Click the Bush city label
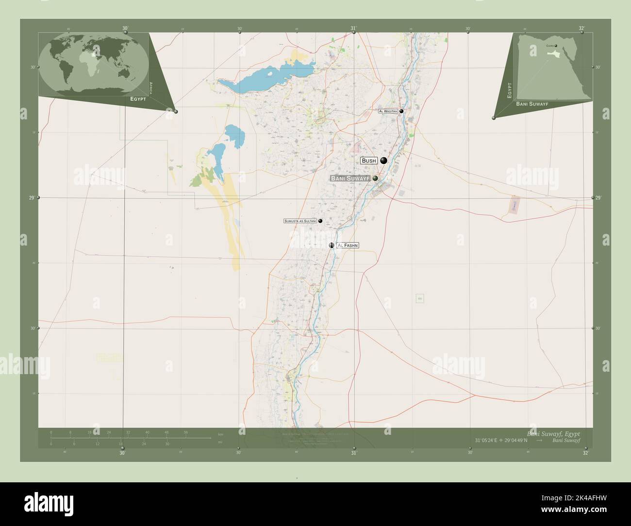(x=369, y=161)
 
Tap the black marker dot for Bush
(x=384, y=161)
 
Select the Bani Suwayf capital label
(x=350, y=179)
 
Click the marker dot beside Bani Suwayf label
(x=375, y=179)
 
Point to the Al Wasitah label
(x=388, y=111)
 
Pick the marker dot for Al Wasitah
(x=401, y=111)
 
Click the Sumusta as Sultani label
(x=300, y=221)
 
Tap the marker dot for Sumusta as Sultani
(x=320, y=221)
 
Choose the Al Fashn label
(x=348, y=246)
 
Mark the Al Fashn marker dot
(x=332, y=246)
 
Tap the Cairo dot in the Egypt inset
(x=556, y=47)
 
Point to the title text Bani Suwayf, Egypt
(x=553, y=433)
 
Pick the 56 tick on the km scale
(x=186, y=432)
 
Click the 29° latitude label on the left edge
(x=32, y=197)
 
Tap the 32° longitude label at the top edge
(x=581, y=28)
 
